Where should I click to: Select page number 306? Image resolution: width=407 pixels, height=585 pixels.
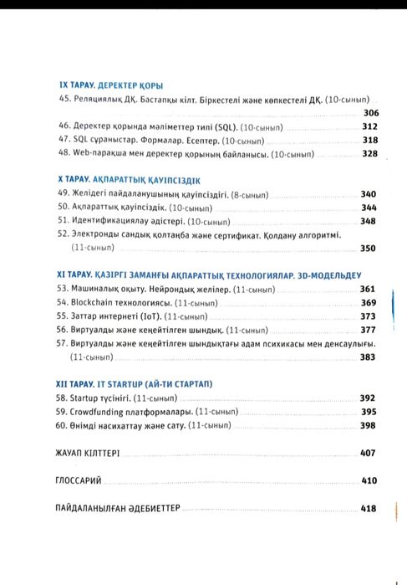pyautogui.click(x=371, y=113)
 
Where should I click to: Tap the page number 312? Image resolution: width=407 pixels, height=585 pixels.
pyautogui.click(x=370, y=126)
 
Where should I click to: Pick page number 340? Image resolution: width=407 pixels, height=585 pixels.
pyautogui.click(x=369, y=193)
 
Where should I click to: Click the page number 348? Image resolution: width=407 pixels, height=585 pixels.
pyautogui.click(x=369, y=222)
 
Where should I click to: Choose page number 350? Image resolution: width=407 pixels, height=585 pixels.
pyautogui.click(x=369, y=249)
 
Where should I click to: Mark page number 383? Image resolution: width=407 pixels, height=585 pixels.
pyautogui.click(x=369, y=357)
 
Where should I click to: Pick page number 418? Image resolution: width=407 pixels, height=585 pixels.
pyautogui.click(x=369, y=508)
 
